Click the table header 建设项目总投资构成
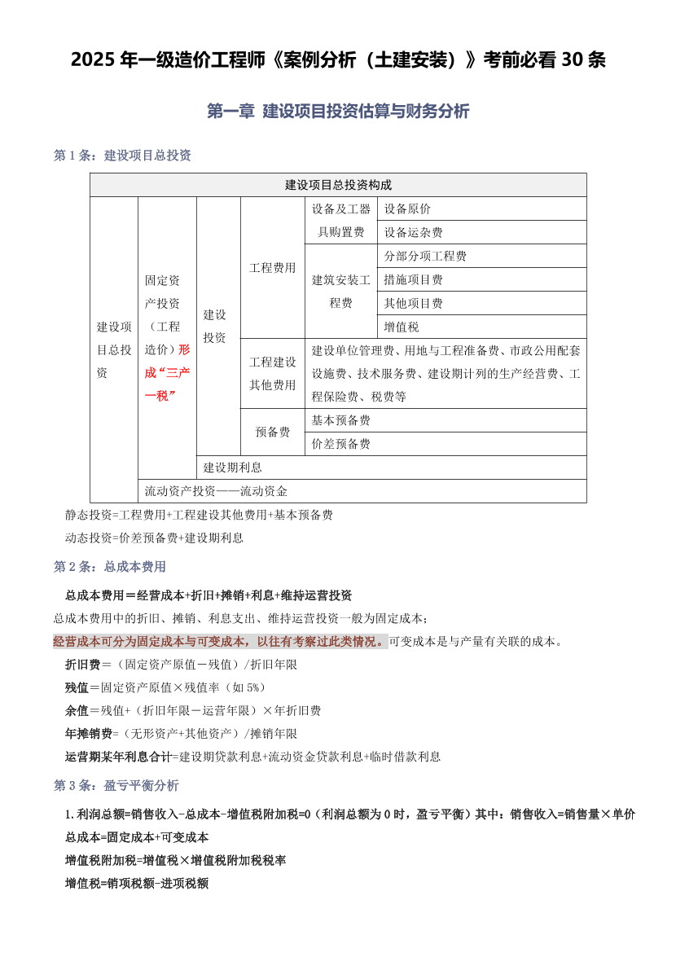338,185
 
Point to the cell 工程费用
272,267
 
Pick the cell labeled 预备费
272,432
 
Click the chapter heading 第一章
230,111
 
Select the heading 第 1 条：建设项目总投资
122,155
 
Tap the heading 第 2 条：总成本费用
110,566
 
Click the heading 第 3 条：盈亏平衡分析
116,785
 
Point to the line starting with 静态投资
199,515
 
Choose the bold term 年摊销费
89,733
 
